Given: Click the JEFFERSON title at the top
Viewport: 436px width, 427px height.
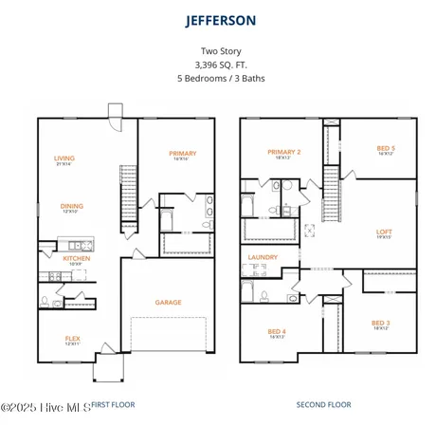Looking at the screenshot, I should tap(218, 19).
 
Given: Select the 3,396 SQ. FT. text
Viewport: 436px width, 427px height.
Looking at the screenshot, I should tap(218, 65).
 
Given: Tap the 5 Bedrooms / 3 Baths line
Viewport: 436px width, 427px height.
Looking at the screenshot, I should tap(218, 78).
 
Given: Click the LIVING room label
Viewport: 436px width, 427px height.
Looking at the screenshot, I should tap(64, 158).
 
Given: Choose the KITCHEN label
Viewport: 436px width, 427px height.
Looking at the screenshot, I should tap(76, 258).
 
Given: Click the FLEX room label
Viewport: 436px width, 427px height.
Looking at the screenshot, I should tap(72, 338).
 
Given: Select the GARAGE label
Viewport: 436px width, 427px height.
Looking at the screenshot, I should tap(169, 303).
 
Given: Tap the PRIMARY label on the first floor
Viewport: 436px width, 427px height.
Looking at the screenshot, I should tap(182, 153).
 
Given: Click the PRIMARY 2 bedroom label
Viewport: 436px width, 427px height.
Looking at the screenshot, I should tap(283, 152).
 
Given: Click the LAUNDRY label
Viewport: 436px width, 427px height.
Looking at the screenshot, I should tap(262, 257).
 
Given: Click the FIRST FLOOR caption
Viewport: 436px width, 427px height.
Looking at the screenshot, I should tap(112, 405).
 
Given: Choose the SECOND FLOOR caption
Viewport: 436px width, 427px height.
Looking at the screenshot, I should tap(323, 405).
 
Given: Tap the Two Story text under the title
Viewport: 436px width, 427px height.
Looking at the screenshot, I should tap(218, 53).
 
